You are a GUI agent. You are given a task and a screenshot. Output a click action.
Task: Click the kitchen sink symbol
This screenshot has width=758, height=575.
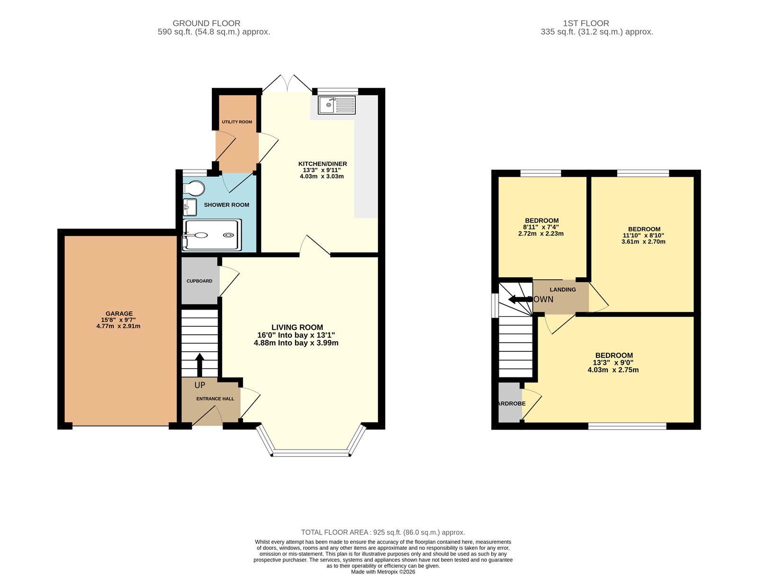coord(336,105)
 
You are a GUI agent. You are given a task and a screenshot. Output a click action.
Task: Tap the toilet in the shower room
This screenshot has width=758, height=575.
coord(194,188)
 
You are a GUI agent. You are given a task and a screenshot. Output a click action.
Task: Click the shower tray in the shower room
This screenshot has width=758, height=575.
coord(212,235)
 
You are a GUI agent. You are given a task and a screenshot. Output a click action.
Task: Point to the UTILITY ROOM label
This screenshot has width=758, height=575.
coord(237,122)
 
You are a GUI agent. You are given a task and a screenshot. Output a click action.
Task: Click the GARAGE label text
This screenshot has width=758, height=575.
coord(119,313)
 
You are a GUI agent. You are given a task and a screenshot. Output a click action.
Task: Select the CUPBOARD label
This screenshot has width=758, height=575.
coord(199,281)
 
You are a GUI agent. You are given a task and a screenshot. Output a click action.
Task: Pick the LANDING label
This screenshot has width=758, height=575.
coord(563,290)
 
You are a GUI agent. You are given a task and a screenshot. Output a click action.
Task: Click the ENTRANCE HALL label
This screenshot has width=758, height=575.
coord(215,399)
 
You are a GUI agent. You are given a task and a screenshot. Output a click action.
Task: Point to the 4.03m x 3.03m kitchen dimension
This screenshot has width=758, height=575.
coord(322,176)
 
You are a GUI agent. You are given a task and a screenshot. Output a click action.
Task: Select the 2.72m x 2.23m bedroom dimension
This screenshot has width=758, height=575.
coord(541,234)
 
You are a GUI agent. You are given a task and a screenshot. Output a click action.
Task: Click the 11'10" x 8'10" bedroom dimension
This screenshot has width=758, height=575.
coord(643,235)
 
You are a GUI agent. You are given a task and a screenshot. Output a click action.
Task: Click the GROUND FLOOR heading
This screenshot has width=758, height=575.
coord(206,23)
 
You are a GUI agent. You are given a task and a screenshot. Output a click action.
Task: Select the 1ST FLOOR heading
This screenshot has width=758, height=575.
coord(586,23)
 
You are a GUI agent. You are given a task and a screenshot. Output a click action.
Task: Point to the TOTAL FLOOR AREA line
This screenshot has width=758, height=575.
coord(383,532)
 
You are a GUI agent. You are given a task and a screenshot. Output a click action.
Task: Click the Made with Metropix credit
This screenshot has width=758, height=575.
coord(383,572)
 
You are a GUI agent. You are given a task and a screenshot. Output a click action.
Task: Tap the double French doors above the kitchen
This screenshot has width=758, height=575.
coord(287,83)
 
